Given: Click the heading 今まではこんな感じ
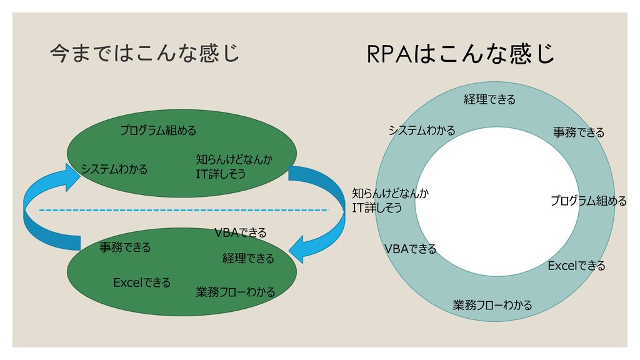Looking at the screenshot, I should pyautogui.click(x=144, y=53).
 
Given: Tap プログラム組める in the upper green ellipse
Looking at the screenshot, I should pyautogui.click(x=158, y=131).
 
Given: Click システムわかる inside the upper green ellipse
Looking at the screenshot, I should pyautogui.click(x=114, y=169).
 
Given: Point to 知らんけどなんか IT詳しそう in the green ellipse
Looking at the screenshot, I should pyautogui.click(x=234, y=166).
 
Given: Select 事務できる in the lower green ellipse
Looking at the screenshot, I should pyautogui.click(x=125, y=247).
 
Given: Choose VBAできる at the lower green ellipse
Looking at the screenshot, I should pyautogui.click(x=241, y=233).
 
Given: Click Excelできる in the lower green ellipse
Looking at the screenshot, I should pyautogui.click(x=142, y=282).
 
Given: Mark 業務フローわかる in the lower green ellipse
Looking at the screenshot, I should pyautogui.click(x=236, y=292).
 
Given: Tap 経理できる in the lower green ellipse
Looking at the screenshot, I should pyautogui.click(x=248, y=258).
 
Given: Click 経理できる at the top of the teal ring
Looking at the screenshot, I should pyautogui.click(x=489, y=99).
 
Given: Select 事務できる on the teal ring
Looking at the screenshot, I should pyautogui.click(x=579, y=132).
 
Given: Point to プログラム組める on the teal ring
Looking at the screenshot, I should pyautogui.click(x=588, y=201).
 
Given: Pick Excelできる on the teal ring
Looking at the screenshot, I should pyautogui.click(x=576, y=266).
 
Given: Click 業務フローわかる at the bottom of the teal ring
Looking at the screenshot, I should pyautogui.click(x=492, y=305).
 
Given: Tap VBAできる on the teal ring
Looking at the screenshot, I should pyautogui.click(x=410, y=249).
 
